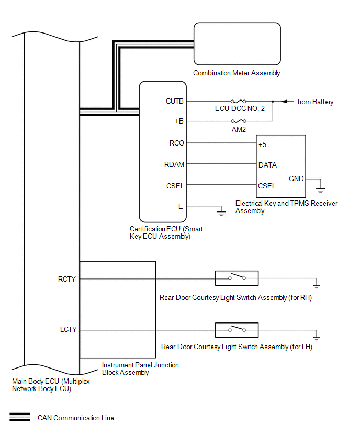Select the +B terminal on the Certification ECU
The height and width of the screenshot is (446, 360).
179,121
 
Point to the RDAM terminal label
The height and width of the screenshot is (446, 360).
174,164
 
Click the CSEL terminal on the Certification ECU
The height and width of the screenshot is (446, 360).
175,185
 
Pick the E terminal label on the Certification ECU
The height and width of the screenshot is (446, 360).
181,206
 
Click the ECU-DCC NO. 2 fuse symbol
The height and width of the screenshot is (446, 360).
239,102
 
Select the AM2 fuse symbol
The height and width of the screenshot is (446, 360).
239,121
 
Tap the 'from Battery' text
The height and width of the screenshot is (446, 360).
315,102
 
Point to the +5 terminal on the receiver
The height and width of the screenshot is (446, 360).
263,144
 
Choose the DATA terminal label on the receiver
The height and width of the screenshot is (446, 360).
267,165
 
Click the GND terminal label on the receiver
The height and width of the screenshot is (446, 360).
296,179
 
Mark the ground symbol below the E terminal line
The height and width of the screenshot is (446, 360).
221,212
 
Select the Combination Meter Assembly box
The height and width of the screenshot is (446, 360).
237,44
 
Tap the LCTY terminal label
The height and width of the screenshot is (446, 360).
68,330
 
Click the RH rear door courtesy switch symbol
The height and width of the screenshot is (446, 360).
237,278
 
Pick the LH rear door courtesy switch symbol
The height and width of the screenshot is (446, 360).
237,330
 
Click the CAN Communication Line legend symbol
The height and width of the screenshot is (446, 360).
20,418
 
